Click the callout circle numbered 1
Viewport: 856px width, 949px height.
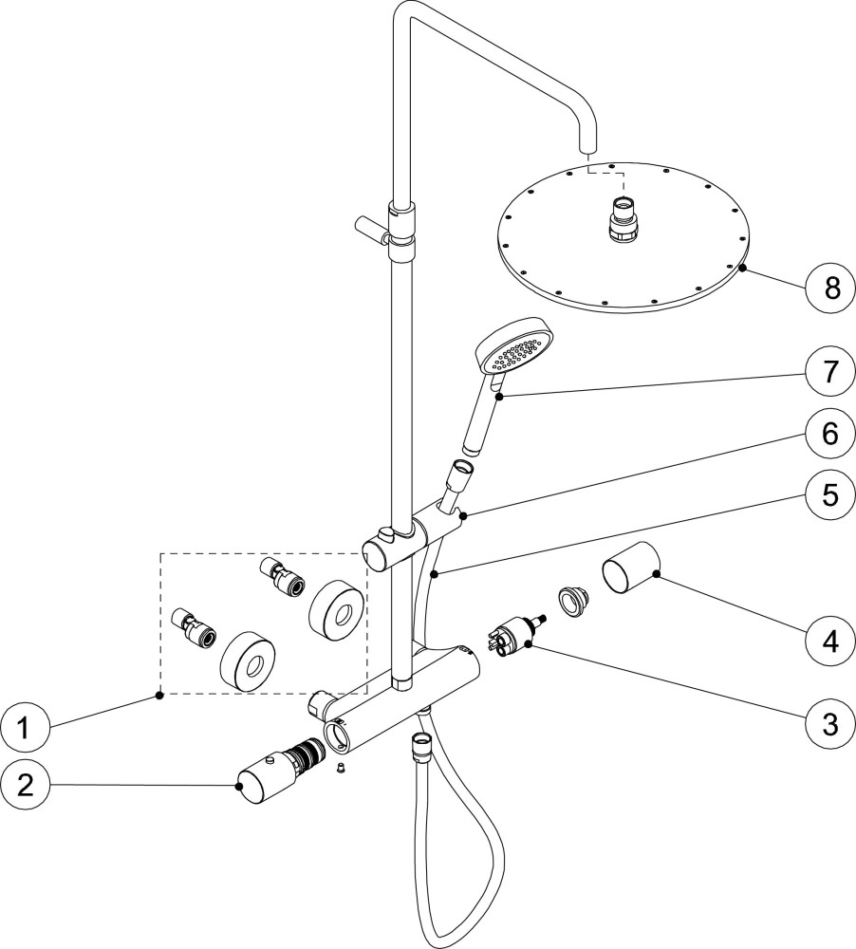27,728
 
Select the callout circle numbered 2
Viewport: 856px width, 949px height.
27,785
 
